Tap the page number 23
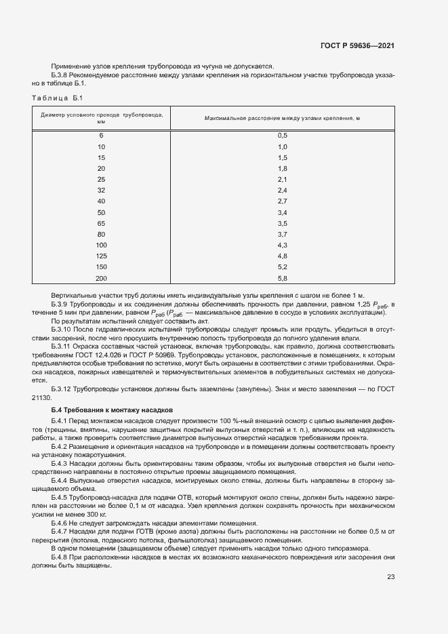(390, 577)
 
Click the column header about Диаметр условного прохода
(101, 118)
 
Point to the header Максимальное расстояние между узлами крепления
(282, 118)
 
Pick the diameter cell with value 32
(101, 191)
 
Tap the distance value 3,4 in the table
(283, 212)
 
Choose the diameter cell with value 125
(101, 256)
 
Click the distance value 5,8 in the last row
(283, 277)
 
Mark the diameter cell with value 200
(101, 277)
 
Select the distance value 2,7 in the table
(283, 201)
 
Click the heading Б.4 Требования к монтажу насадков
(113, 410)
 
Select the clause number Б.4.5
(61, 497)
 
